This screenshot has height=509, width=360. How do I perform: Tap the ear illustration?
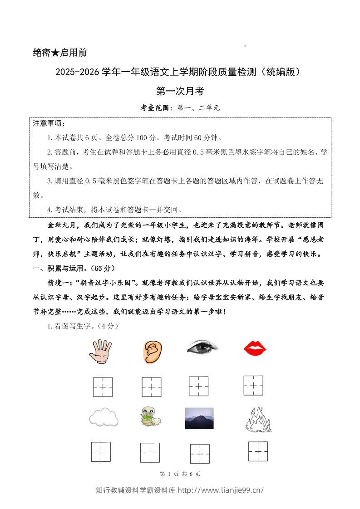151,352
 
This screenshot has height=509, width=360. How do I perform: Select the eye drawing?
202,348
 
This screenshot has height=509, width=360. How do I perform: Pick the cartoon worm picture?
150,416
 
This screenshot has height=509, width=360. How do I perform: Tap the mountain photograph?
199,418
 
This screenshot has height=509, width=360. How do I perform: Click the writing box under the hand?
103,387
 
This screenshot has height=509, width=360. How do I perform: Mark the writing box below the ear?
151,387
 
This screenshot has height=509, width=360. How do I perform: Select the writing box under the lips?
253,385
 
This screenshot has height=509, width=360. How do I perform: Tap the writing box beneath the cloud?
101,452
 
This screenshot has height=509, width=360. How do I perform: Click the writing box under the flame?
258,451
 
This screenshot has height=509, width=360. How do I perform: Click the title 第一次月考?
180,91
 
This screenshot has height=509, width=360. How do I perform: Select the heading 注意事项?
49,123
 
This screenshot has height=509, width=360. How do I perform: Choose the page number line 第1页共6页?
180,474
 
